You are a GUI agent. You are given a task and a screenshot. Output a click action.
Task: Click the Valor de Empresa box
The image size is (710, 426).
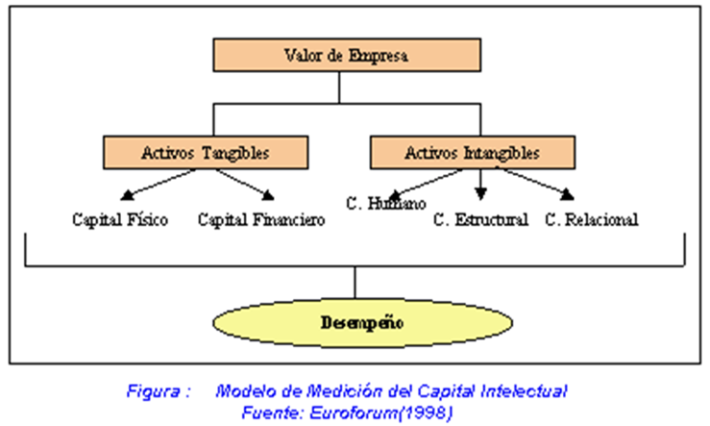338,56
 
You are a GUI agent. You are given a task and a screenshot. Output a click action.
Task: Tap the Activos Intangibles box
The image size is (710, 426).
472,152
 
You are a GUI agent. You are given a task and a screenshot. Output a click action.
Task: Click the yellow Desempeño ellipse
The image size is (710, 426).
355,322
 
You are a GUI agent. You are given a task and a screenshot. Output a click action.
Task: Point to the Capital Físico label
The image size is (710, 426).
120,220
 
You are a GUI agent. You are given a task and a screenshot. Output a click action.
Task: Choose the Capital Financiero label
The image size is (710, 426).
261,220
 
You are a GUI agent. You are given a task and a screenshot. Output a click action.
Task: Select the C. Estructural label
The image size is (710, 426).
480,220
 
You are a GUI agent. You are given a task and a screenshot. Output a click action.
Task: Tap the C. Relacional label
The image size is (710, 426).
592,220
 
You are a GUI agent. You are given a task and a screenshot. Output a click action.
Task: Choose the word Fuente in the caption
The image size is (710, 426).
269,411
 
